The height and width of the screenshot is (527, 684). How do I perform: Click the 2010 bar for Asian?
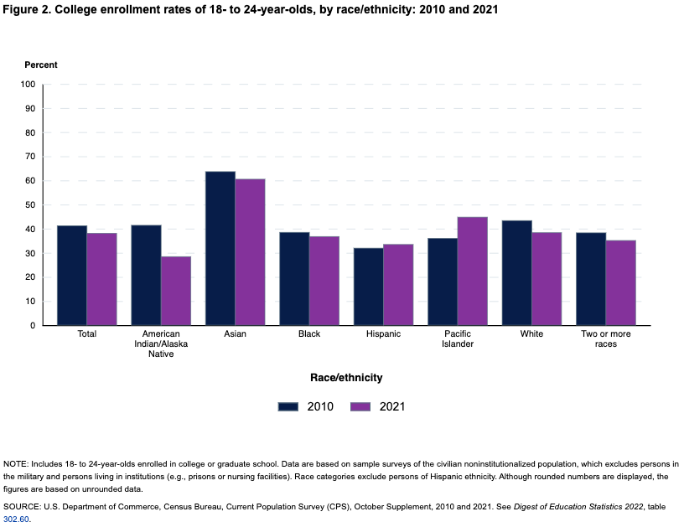coord(220,248)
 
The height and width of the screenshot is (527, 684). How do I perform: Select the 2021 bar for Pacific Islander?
coord(472,271)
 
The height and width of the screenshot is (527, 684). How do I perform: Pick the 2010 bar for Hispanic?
coord(368,287)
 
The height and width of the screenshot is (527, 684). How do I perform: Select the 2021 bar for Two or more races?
coord(620,282)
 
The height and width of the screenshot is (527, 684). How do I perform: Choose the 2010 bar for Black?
coord(294,278)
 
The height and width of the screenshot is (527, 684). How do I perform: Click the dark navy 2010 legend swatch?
coord(288,406)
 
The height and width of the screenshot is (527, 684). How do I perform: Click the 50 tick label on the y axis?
coord(30,205)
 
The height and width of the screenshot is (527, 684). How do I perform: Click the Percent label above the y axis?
coord(41,65)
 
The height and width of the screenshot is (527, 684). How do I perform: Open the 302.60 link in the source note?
coord(16,519)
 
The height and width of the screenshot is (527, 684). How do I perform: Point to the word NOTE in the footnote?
coord(15,464)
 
